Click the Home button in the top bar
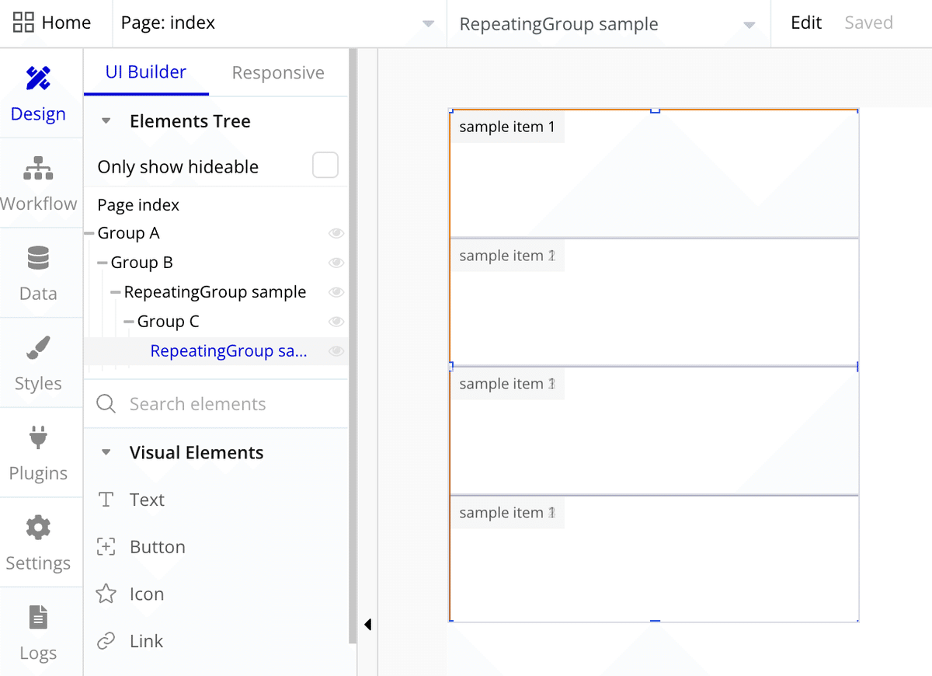52,23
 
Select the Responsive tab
278,72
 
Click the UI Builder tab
146,72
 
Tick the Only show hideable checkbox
325,165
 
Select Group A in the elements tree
129,233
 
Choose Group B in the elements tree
142,263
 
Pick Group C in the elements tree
168,322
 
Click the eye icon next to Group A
336,233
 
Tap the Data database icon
38,258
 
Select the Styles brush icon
38,347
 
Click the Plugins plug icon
38,437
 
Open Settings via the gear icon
38,528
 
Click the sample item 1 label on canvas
507,127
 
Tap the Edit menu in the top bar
806,23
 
